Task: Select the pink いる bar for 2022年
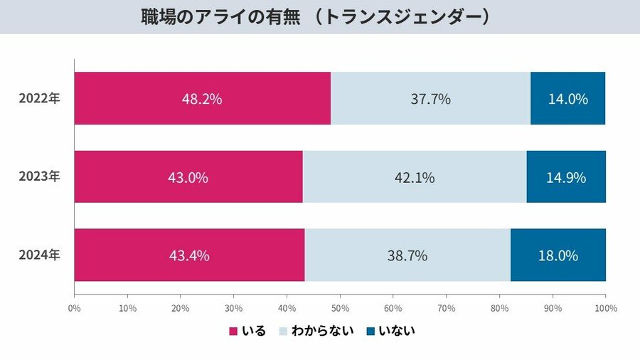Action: pos(142,98)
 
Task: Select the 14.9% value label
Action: pos(567,177)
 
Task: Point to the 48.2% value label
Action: pos(202,99)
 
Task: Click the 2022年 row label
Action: pos(40,99)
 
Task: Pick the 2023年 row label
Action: pos(40,177)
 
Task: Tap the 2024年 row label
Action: pos(40,255)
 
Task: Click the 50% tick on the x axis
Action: pos(340,309)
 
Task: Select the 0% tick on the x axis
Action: pos(74,309)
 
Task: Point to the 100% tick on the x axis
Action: pos(606,309)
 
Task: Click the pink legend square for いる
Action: pos(233,331)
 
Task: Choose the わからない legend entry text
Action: pos(323,331)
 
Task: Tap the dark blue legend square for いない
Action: pos(370,331)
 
